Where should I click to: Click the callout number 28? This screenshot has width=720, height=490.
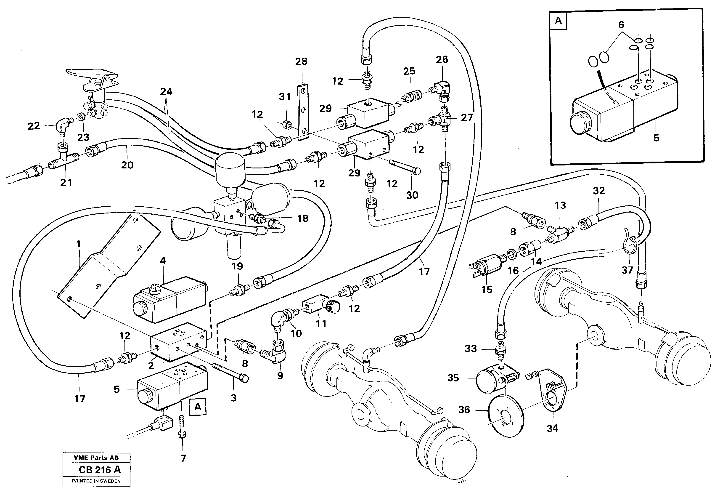tap(301, 61)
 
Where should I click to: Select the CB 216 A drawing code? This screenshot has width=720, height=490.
tap(99, 470)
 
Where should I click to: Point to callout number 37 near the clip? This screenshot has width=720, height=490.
tap(627, 270)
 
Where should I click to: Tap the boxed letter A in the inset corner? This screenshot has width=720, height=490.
tap(558, 21)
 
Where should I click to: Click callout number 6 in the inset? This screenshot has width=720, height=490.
tap(621, 25)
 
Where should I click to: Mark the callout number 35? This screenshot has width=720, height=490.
tap(453, 378)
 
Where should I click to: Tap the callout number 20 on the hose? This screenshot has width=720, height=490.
tap(127, 165)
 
